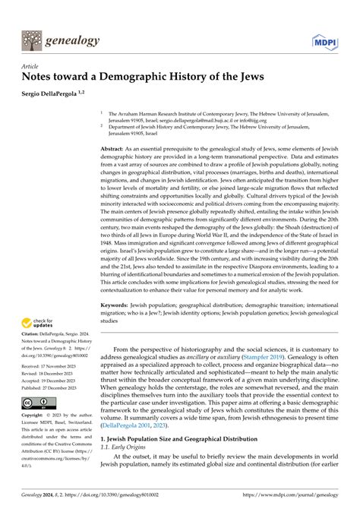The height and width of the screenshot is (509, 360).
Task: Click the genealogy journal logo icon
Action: (32, 40)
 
